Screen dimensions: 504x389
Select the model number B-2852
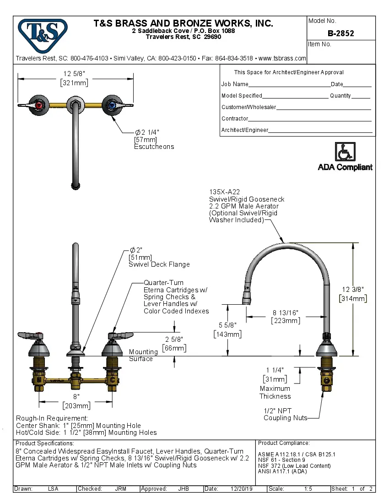coord(340,33)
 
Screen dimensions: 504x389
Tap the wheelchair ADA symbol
coord(345,151)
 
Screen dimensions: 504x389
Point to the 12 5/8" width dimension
coord(74,73)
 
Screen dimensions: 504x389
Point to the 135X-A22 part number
coord(224,192)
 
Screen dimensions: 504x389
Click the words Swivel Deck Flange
coord(159,264)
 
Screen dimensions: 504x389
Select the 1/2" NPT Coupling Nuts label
coord(285,414)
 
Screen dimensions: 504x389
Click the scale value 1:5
coord(308,489)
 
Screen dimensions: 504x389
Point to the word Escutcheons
coord(154,147)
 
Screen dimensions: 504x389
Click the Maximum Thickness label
coord(275,392)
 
